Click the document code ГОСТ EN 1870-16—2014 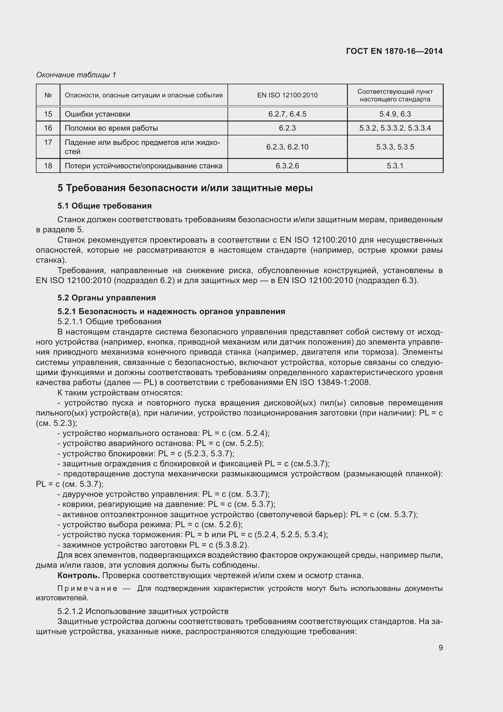[394, 51]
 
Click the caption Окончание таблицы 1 [76, 75]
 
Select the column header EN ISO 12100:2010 [287, 95]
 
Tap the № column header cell [48, 95]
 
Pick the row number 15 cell [48, 114]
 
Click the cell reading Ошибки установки [98, 114]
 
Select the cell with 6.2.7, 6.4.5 [287, 114]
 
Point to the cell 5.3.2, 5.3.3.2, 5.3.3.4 [395, 128]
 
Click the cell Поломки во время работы [111, 128]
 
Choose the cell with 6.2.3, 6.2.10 [287, 147]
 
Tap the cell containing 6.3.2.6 [287, 166]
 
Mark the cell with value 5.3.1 [395, 166]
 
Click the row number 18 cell [48, 166]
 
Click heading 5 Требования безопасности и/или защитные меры [185, 188]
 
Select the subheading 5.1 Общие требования [104, 206]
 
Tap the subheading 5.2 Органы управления [106, 298]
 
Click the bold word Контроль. [78, 575]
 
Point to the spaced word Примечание [87, 589]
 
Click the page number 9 [440, 647]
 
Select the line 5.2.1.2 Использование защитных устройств [143, 611]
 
